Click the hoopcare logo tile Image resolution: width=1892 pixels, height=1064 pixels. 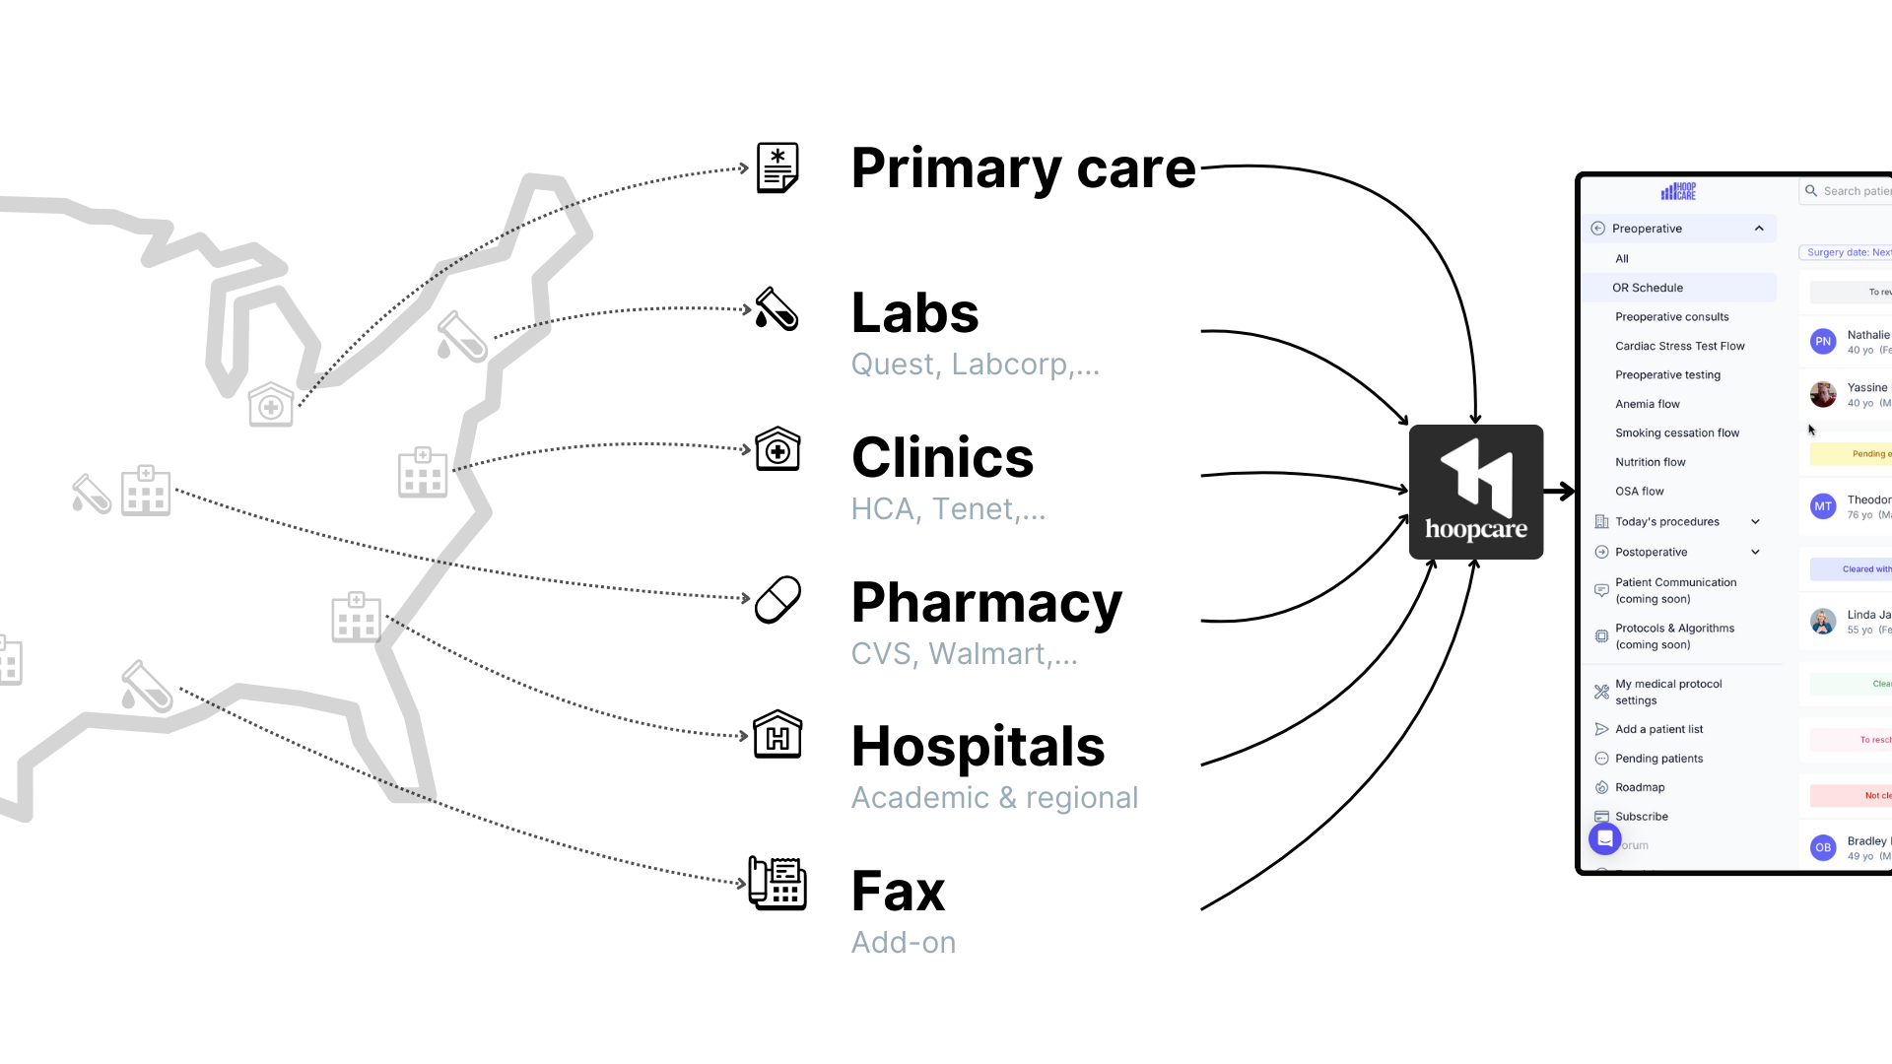(x=1475, y=492)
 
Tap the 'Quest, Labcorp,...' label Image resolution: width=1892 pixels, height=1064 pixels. (x=975, y=365)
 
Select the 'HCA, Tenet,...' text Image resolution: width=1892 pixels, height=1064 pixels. (x=947, y=509)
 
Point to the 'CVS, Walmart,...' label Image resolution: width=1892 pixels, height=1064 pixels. (x=964, y=654)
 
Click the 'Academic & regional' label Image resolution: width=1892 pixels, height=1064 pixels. (x=993, y=798)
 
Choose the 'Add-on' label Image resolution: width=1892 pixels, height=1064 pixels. (x=903, y=943)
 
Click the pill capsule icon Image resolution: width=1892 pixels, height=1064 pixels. (x=777, y=599)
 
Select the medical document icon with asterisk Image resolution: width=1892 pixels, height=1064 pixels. (x=777, y=166)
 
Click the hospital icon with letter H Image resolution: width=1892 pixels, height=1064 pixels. (x=777, y=734)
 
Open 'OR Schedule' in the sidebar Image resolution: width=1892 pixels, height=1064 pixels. (x=1648, y=288)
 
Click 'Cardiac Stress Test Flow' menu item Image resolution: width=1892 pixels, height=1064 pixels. (x=1679, y=346)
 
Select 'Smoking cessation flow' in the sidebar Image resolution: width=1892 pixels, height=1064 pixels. (x=1676, y=432)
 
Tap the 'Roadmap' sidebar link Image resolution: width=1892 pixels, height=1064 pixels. (x=1640, y=787)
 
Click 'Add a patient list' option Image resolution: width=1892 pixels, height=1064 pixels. (x=1658, y=729)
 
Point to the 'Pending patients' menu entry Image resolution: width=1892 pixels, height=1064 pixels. (x=1658, y=759)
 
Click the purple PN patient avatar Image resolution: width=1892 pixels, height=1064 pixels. (x=1822, y=342)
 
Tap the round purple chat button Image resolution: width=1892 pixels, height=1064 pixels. (x=1604, y=838)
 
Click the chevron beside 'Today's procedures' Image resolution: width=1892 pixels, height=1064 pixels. (x=1755, y=522)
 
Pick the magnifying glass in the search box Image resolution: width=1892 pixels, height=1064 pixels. (x=1811, y=191)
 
